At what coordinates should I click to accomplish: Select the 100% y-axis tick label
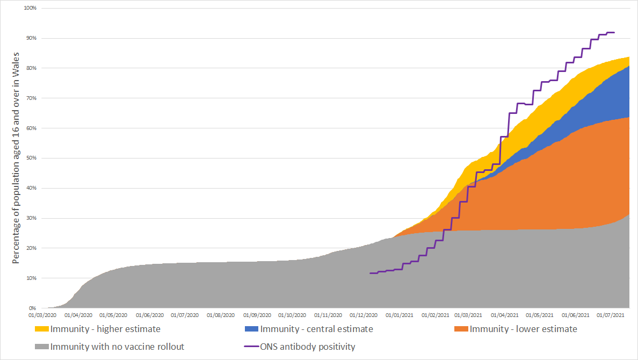(28, 9)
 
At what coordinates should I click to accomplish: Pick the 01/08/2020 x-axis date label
(220, 315)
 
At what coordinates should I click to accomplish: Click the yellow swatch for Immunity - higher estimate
(41, 329)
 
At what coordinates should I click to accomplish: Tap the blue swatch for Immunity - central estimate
(251, 329)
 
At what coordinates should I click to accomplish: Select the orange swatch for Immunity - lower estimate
(460, 329)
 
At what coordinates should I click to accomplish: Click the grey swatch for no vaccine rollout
(41, 347)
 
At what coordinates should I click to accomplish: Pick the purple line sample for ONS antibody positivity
(251, 347)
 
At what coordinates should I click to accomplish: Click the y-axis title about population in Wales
(16, 158)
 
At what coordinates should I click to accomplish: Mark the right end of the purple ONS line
(614, 33)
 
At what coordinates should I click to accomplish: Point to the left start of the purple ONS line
(371, 273)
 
